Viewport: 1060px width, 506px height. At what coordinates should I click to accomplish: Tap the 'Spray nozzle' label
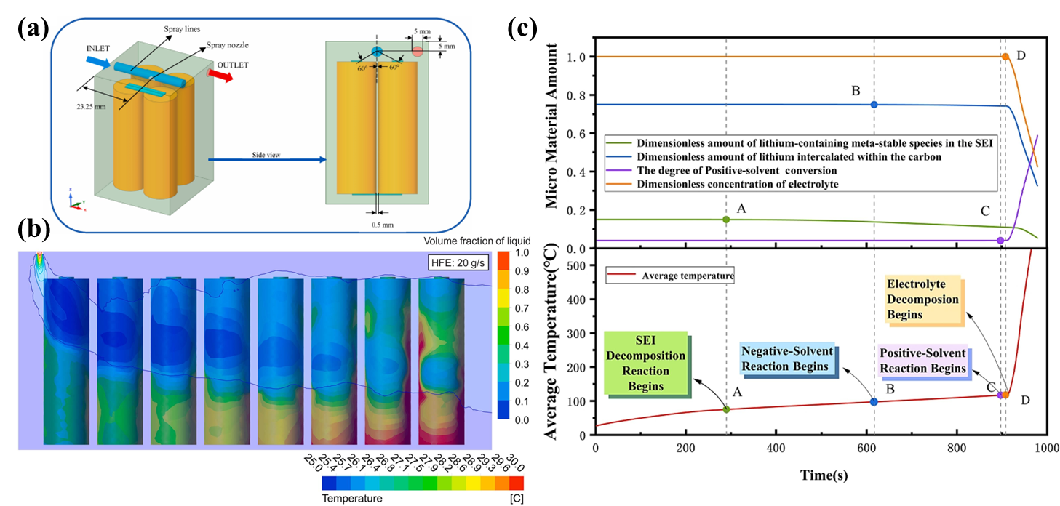226,44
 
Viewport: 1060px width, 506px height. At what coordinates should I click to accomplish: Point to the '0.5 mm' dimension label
378,224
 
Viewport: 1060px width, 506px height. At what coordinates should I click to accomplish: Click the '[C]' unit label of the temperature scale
515,499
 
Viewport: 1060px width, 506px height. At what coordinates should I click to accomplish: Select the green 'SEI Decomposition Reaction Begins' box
646,363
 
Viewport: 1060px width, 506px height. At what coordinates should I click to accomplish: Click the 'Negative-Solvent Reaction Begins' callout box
785,359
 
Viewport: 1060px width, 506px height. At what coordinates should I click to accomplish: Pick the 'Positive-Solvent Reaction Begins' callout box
922,360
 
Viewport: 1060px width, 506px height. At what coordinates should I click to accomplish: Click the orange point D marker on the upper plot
1005,57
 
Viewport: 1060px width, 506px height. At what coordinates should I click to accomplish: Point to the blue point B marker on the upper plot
874,105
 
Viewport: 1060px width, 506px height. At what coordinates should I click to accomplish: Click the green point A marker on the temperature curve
726,409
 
